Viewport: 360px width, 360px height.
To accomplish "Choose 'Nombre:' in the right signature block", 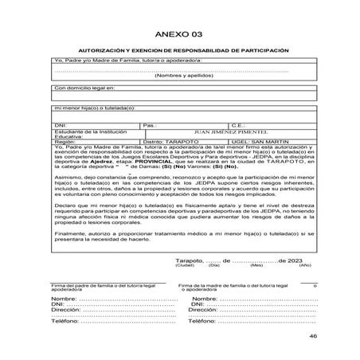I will [205, 298].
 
